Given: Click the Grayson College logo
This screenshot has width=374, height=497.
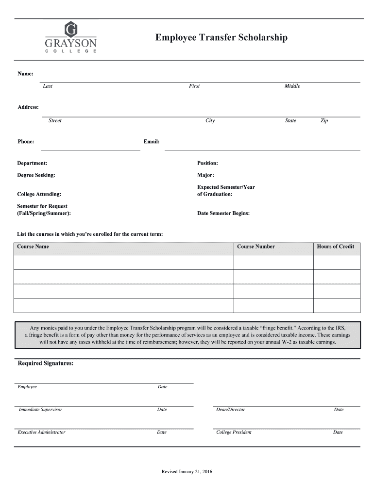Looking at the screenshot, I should pyautogui.click(x=71, y=37).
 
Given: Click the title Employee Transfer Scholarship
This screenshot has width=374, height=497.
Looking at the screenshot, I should pyautogui.click(x=221, y=37).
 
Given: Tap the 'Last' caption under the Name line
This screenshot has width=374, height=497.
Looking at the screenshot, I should pyautogui.click(x=48, y=86).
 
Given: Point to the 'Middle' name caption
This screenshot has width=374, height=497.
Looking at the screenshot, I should pyautogui.click(x=292, y=86).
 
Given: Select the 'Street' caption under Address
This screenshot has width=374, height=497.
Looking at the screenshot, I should pyautogui.click(x=55, y=120).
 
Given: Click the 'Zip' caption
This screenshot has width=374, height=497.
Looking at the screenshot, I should pyautogui.click(x=324, y=120).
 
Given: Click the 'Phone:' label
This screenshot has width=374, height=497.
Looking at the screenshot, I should pyautogui.click(x=26, y=141).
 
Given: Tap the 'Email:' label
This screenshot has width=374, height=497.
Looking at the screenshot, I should pyautogui.click(x=152, y=141).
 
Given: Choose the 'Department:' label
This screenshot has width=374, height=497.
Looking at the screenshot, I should pyautogui.click(x=32, y=163).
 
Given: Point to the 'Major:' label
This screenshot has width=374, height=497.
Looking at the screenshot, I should pyautogui.click(x=205, y=175).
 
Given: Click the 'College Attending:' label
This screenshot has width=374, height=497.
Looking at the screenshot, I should pyautogui.click(x=39, y=194).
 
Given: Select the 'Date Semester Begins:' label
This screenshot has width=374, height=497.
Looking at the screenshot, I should pyautogui.click(x=223, y=213).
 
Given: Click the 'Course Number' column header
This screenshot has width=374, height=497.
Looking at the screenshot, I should pyautogui.click(x=255, y=247).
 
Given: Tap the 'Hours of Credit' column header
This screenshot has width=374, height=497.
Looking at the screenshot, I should pyautogui.click(x=336, y=247).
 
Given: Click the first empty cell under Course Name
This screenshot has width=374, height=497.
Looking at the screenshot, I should pyautogui.click(x=124, y=262).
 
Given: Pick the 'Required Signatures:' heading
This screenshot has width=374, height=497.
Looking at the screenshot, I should pyautogui.click(x=46, y=364).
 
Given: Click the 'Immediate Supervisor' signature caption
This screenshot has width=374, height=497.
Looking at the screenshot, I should pyautogui.click(x=40, y=410).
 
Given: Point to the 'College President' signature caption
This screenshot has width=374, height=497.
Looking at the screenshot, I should pyautogui.click(x=234, y=432).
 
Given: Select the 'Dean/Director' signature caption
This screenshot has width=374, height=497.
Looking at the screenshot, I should pyautogui.click(x=230, y=410).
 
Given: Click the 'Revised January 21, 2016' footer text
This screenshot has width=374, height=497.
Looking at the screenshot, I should pyautogui.click(x=187, y=472).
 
